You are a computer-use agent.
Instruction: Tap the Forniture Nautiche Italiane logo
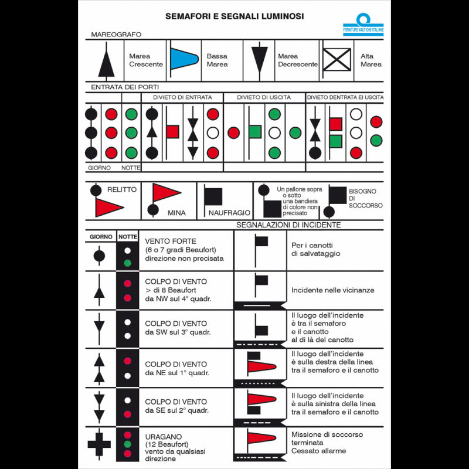click(363, 25)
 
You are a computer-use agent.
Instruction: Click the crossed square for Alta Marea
click(338, 60)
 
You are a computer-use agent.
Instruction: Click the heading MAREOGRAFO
click(116, 35)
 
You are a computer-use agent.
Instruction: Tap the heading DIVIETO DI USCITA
click(264, 97)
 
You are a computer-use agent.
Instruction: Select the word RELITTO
click(122, 189)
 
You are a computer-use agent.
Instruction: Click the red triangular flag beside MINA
click(165, 193)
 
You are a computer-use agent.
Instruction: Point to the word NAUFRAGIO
click(229, 213)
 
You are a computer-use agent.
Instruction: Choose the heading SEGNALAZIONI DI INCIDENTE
click(288, 225)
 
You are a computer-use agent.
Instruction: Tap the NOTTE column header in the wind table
click(127, 237)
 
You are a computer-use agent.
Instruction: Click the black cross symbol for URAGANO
click(99, 443)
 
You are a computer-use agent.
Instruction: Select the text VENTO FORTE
click(170, 241)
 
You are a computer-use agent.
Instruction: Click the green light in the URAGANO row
click(127, 444)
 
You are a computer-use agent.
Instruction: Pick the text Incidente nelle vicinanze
click(332, 290)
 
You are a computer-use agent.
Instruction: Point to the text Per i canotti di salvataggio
click(316, 249)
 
